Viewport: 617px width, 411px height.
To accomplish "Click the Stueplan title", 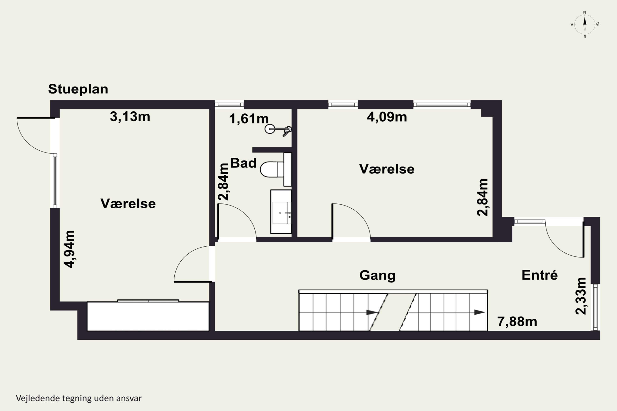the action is [x=78, y=89].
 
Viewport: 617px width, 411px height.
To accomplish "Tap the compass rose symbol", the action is [x=585, y=25].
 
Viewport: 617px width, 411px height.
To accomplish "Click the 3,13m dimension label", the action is [x=130, y=117].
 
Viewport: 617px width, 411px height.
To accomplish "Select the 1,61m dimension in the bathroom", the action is [x=249, y=119].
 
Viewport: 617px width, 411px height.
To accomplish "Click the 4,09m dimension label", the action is [x=387, y=117].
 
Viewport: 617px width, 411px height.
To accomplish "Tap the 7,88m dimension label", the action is [x=517, y=322].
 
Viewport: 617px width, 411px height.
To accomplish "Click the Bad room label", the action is [x=243, y=163].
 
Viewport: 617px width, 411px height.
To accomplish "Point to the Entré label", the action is [x=539, y=275].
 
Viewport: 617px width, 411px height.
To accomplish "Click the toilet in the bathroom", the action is [x=275, y=169].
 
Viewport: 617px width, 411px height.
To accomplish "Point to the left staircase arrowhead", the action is [x=372, y=312].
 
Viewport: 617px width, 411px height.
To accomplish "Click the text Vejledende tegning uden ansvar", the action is [x=79, y=398].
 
